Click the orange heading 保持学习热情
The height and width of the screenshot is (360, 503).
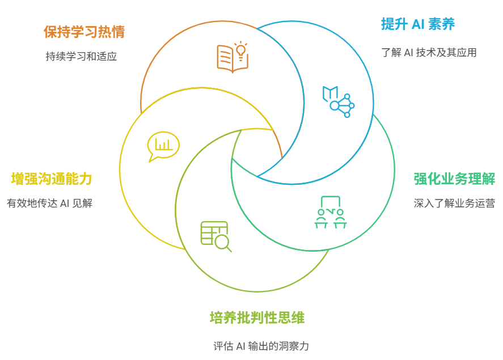pos(84,32)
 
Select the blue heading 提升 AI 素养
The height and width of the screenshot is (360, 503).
pos(418,24)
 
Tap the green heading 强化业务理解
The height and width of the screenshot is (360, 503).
pos(454,179)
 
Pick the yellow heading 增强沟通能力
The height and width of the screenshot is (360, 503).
pos(52,179)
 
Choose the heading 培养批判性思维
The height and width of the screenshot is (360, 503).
pos(257,317)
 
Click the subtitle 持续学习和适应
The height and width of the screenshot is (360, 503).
pos(81,57)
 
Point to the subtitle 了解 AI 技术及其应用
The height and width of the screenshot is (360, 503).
pos(429,52)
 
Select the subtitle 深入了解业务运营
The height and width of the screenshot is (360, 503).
pos(454,203)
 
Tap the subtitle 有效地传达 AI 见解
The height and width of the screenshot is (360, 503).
pos(49,203)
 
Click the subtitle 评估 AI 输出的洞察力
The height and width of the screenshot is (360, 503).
pos(261,346)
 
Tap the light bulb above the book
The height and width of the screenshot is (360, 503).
pos(241,50)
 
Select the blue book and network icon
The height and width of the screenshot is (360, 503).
pos(339,101)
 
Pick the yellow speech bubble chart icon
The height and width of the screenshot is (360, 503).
pos(163,146)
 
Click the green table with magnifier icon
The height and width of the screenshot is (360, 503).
pos(216,236)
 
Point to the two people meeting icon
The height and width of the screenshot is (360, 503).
pos(331,212)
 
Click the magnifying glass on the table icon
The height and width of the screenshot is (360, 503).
pos(223,243)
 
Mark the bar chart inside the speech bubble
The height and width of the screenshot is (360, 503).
pos(164,145)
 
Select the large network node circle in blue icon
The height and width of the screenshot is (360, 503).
pos(334,105)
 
